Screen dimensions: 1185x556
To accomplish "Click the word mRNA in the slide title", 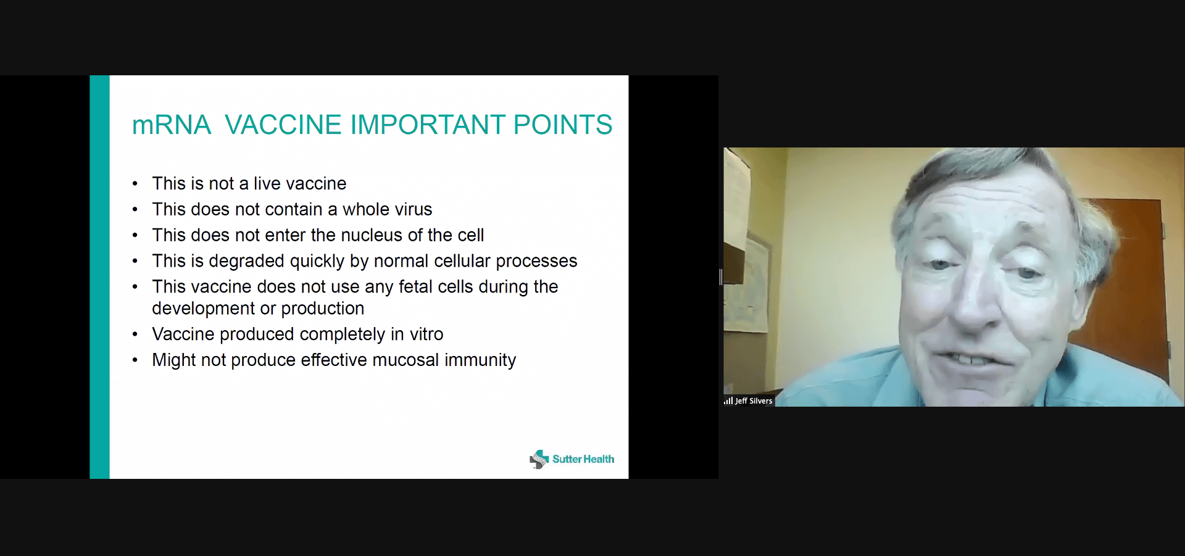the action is click(172, 125).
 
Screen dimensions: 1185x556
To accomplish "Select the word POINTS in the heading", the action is click(563, 125).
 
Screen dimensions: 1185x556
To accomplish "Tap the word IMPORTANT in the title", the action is click(428, 125).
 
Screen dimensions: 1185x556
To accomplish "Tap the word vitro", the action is click(426, 334).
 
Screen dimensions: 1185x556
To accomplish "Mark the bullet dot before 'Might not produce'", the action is click(135, 360).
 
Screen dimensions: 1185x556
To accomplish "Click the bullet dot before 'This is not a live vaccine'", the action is click(135, 184).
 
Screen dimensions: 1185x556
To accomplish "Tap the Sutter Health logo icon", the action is click(539, 459).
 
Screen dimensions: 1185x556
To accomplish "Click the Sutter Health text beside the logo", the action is click(583, 459).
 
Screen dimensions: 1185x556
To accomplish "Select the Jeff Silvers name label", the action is click(754, 401).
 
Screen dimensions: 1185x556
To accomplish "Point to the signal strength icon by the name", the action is click(728, 401).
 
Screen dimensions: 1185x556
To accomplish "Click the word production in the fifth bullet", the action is click(323, 309).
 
